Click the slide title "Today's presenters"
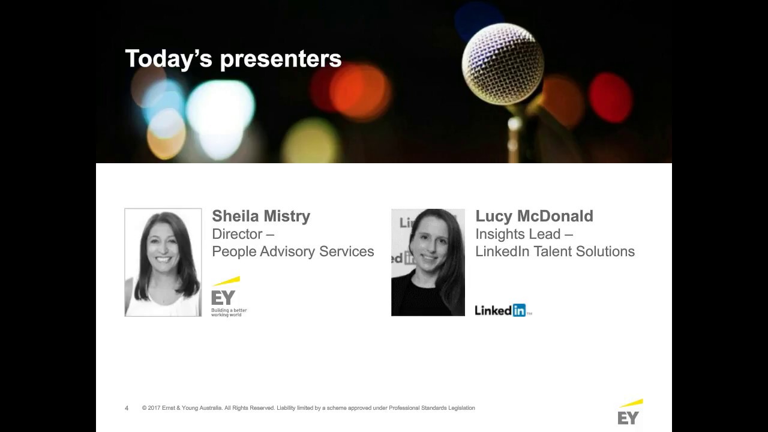click(x=233, y=59)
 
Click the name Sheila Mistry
click(x=261, y=216)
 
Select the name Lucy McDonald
click(x=534, y=216)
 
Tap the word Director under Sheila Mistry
click(x=238, y=234)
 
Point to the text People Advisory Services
click(x=293, y=251)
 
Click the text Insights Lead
click(x=518, y=234)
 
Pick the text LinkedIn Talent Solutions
click(x=555, y=251)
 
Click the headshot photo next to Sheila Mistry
click(x=163, y=262)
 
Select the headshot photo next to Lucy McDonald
click(x=428, y=262)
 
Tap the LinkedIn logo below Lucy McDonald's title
click(x=501, y=310)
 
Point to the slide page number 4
click(x=127, y=408)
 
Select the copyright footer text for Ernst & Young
click(x=308, y=408)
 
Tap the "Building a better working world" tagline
click(x=229, y=313)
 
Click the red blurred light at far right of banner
click(x=610, y=97)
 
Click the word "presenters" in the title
click(x=281, y=59)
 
